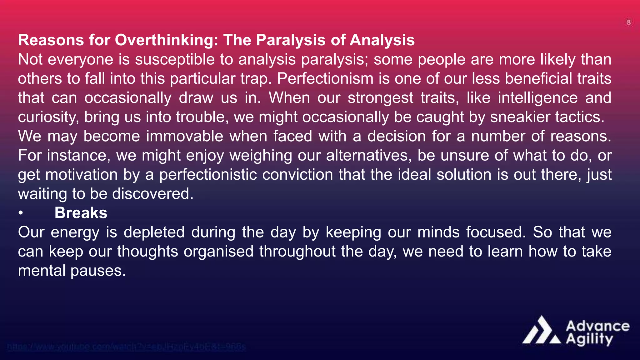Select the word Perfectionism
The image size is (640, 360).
pyautogui.click(x=325, y=78)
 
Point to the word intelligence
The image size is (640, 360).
pyautogui.click(x=537, y=98)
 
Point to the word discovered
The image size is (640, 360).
pyautogui.click(x=153, y=194)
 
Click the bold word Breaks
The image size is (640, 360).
pyautogui.click(x=81, y=213)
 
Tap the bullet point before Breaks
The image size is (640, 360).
pyautogui.click(x=21, y=213)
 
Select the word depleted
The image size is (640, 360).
pyautogui.click(x=154, y=232)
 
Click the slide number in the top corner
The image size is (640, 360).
pyautogui.click(x=628, y=22)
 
